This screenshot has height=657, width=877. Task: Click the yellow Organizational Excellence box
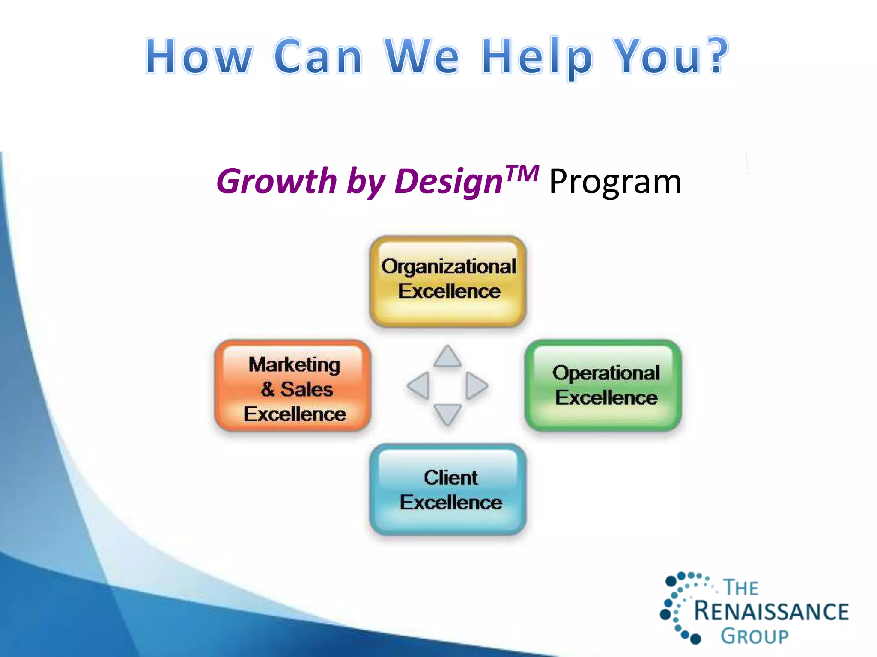point(448,281)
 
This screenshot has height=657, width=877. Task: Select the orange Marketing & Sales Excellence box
point(293,386)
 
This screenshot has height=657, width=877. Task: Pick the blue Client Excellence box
point(448,490)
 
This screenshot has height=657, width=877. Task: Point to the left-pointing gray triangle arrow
point(419,385)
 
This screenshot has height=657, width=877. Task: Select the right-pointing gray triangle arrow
point(476,385)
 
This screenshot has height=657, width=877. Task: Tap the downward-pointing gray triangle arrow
point(447,414)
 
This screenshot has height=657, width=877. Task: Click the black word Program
point(615,182)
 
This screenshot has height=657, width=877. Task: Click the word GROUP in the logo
point(755,636)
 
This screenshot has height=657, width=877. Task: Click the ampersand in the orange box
point(268,389)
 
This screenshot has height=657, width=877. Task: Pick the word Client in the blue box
point(450,477)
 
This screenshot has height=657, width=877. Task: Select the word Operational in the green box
point(606,373)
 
